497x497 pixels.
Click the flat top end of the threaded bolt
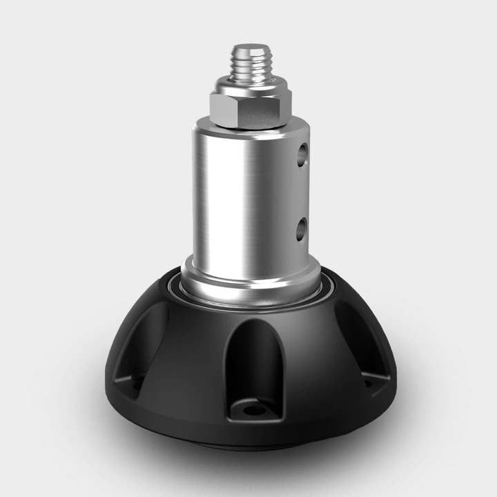coord(250,48)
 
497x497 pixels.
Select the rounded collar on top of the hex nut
coord(250,86)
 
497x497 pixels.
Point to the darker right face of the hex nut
coord(273,110)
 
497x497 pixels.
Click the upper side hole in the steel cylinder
coord(302,155)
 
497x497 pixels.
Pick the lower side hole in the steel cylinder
coord(301,228)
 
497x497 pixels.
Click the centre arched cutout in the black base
coord(254,359)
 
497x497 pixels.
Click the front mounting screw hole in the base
coord(255,410)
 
